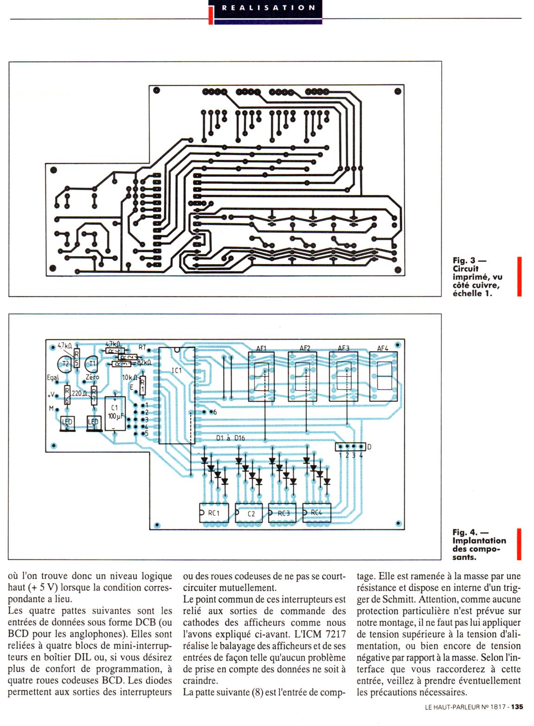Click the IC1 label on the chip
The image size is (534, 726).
tap(177, 370)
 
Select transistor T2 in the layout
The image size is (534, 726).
tap(65, 364)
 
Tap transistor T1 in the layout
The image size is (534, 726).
tap(92, 363)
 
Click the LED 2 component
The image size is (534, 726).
tap(67, 423)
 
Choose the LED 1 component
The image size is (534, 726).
tap(94, 423)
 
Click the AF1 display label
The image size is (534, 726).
tap(261, 348)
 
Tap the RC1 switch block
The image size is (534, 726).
tap(214, 513)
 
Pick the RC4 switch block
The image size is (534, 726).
tap(317, 513)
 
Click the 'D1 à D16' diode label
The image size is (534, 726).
tap(230, 438)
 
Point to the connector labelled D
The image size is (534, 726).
tap(351, 447)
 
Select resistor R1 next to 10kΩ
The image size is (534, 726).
tap(142, 385)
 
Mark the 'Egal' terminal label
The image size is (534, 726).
tap(53, 377)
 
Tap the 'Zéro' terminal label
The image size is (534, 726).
tap(92, 377)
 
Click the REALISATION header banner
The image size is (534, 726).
tap(268, 8)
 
